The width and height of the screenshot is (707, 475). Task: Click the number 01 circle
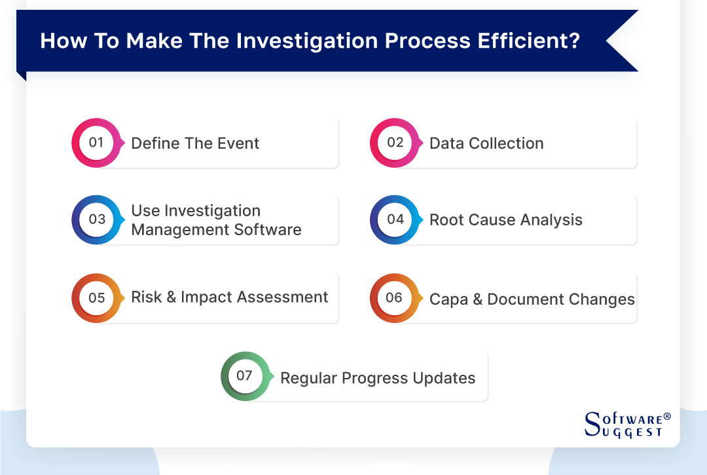tap(96, 143)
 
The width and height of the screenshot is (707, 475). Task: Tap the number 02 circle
tap(395, 143)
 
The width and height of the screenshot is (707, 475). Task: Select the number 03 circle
tap(96, 219)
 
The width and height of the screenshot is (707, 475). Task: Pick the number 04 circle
tap(395, 219)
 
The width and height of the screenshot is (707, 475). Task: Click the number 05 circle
tap(96, 298)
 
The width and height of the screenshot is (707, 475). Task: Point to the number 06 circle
tap(395, 298)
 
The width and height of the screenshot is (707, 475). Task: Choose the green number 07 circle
tap(245, 376)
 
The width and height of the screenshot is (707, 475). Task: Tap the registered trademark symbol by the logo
tap(667, 416)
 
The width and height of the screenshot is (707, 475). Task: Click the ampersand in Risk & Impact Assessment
tap(172, 297)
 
